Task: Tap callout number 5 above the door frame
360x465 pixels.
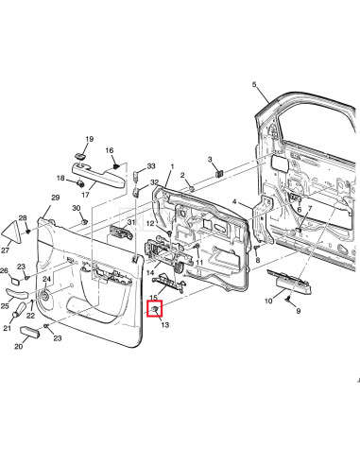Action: pyautogui.click(x=254, y=86)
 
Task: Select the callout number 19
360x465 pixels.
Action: pyautogui.click(x=91, y=139)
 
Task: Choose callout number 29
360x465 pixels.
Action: pyautogui.click(x=55, y=197)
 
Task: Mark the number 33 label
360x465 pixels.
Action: pyautogui.click(x=150, y=166)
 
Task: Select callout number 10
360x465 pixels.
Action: pyautogui.click(x=268, y=300)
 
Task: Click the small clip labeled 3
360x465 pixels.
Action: pyautogui.click(x=217, y=173)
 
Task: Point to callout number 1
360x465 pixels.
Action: pyautogui.click(x=171, y=167)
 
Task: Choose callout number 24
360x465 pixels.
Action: pyautogui.click(x=46, y=279)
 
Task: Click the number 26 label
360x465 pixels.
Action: pyautogui.click(x=3, y=270)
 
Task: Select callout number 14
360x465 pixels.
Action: pyautogui.click(x=149, y=272)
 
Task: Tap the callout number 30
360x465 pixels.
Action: pyautogui.click(x=77, y=207)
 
